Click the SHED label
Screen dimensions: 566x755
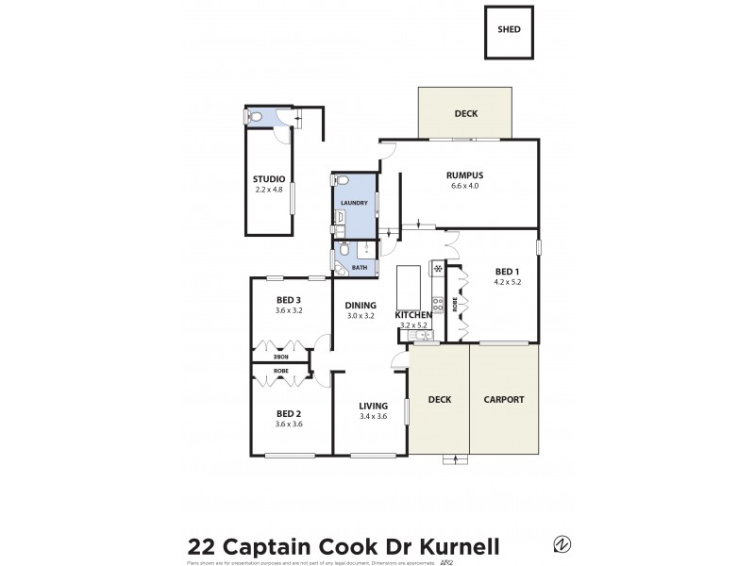tap(509, 29)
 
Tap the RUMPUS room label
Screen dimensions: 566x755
tap(464, 175)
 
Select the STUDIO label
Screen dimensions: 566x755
tap(269, 179)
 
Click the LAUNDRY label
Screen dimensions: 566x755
tap(354, 203)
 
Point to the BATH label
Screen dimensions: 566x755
tap(360, 268)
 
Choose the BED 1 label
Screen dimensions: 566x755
tap(507, 271)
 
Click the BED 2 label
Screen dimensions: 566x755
tap(289, 413)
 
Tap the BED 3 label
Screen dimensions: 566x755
tap(289, 300)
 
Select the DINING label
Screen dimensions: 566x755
tap(361, 305)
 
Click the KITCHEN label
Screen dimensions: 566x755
tap(413, 314)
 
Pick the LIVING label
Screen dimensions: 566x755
tap(373, 406)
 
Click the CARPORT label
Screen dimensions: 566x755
tap(504, 399)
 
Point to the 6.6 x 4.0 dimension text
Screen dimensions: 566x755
tap(464, 186)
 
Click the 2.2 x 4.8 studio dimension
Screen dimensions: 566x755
tap(269, 190)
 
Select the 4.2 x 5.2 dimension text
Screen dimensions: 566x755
tap(507, 281)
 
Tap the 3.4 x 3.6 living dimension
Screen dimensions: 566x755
tap(373, 416)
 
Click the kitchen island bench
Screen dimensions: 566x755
tap(408, 282)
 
